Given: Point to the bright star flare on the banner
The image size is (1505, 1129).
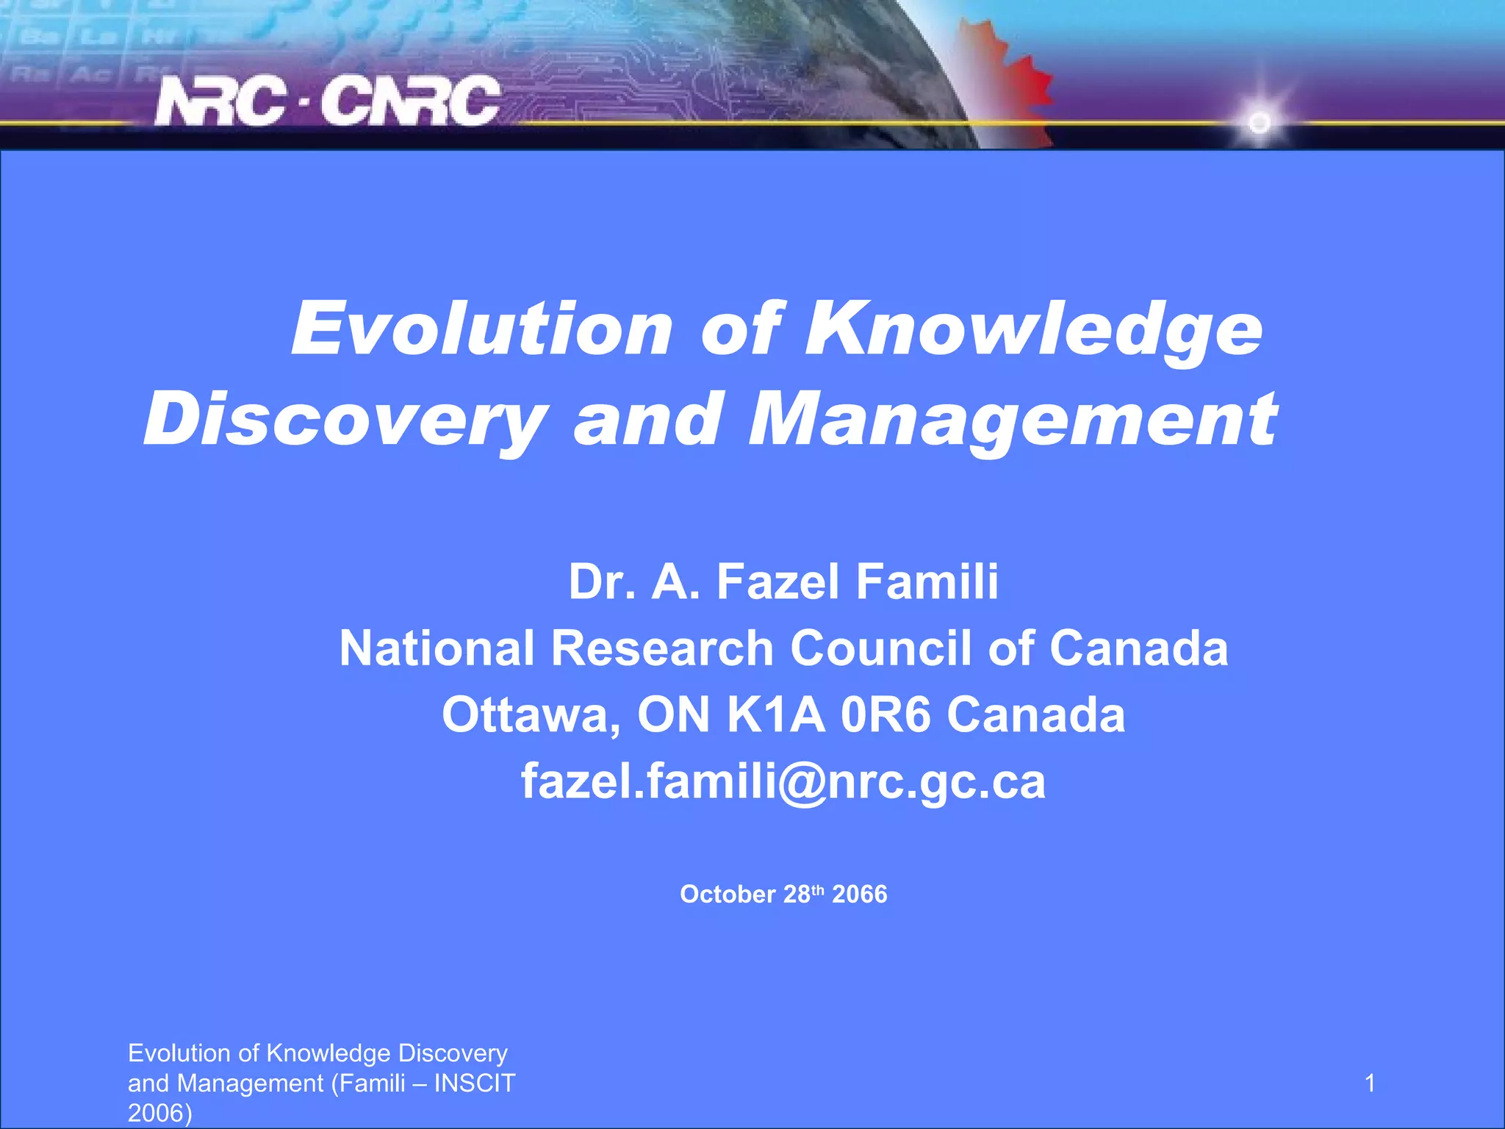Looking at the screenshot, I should [1260, 122].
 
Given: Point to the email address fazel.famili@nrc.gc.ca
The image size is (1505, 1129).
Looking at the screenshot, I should [783, 781].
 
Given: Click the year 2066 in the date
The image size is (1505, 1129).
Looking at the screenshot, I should [860, 895].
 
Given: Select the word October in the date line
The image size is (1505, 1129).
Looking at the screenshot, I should [728, 895].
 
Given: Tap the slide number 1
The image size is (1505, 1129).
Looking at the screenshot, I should [1370, 1083].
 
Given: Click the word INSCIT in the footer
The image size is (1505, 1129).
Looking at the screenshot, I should [475, 1083].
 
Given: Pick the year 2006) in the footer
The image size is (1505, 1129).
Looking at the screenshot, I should [159, 1113].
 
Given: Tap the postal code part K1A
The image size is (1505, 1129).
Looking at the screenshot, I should [775, 714].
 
